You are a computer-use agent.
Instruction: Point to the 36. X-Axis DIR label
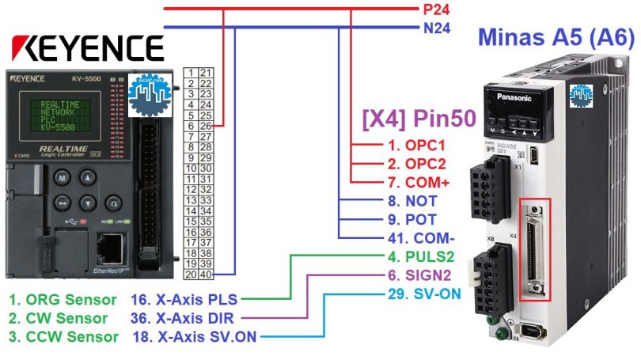coord(183,318)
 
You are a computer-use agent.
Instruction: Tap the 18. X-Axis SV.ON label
coord(193,337)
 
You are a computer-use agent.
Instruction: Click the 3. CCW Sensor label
coord(63,337)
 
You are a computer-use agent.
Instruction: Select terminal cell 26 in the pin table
coord(206,125)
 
